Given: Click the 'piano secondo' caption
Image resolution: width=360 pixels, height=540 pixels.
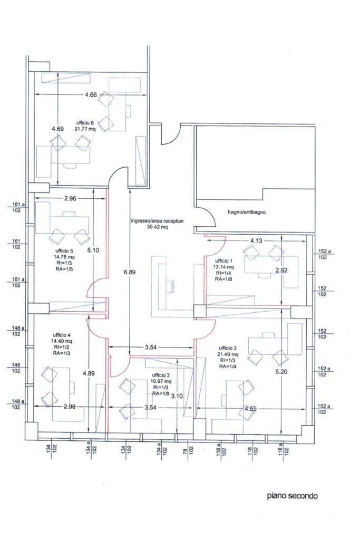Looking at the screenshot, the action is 292,496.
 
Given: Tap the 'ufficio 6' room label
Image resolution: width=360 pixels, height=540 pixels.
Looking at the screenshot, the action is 85,122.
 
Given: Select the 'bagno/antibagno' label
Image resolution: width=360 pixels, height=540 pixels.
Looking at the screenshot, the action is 247,212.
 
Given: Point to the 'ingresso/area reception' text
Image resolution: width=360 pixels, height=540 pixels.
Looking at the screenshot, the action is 157,221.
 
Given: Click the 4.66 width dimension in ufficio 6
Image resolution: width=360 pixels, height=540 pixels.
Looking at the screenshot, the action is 91,95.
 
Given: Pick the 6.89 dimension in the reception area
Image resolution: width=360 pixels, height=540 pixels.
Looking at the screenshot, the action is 130,272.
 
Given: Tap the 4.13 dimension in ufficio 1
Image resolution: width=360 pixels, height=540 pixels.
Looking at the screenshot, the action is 256,240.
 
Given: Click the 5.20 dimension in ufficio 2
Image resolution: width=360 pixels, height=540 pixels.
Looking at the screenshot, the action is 281,372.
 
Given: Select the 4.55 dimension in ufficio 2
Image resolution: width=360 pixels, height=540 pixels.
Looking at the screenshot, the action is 250,409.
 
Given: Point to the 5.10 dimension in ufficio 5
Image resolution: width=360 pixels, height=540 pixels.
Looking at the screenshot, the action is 93,250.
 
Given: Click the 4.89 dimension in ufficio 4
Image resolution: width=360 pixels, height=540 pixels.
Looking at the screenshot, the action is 89,373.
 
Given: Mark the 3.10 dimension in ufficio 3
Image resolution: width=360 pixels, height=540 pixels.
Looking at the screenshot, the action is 177,396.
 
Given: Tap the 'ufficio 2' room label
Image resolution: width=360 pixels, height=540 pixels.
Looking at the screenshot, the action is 228,348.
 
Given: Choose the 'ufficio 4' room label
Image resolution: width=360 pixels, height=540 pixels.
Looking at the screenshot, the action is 62,335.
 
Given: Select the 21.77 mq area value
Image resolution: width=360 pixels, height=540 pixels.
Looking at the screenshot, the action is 85,129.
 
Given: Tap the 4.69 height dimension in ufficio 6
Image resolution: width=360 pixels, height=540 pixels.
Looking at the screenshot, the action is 58,129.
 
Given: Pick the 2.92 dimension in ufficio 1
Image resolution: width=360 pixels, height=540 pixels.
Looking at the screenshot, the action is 281,271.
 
